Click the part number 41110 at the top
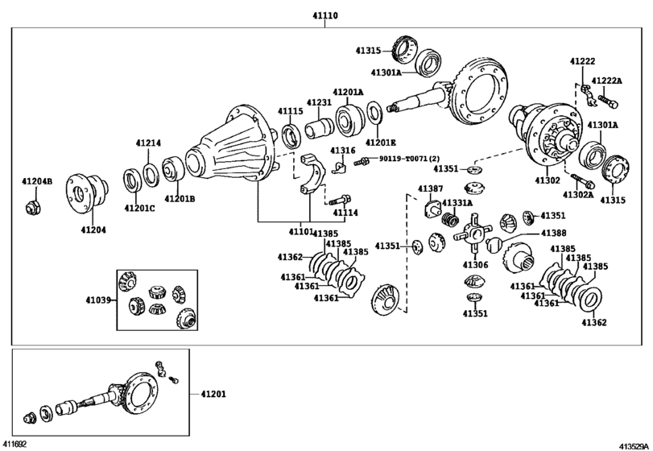coord(326,15)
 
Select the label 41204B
coord(37,181)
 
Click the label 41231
coord(318,103)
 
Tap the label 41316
coord(342,151)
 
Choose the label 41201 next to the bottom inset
coord(213,394)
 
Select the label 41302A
coord(578,194)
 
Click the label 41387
coord(430,188)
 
